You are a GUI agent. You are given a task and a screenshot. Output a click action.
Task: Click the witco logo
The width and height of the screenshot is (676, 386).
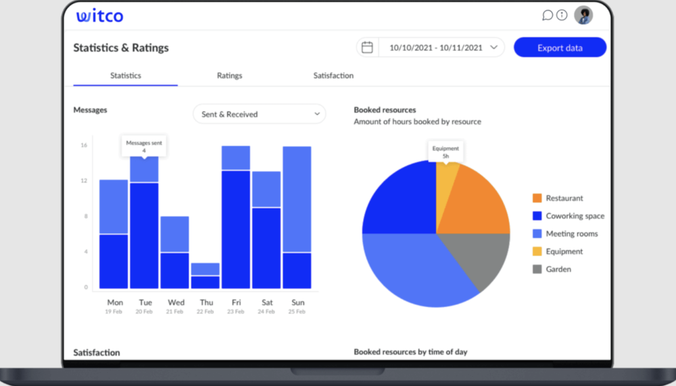point(99,16)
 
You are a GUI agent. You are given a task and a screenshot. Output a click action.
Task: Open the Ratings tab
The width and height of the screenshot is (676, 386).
point(229,76)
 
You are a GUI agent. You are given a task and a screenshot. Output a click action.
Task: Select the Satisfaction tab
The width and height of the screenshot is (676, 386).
point(333,76)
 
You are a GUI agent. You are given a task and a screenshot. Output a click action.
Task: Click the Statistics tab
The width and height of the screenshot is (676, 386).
point(126,76)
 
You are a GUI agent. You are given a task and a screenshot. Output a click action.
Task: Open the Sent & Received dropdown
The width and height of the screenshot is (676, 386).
point(259,114)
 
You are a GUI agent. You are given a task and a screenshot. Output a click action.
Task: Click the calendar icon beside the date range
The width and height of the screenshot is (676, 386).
point(367,47)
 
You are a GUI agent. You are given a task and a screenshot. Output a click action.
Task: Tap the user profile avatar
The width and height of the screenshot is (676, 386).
point(583,15)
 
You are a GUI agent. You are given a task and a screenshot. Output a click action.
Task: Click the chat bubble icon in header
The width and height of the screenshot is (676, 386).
point(548,15)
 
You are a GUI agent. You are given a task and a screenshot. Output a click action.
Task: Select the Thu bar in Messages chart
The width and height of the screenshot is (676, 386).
point(205,276)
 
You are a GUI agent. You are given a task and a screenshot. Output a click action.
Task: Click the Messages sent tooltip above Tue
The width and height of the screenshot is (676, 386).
point(144,146)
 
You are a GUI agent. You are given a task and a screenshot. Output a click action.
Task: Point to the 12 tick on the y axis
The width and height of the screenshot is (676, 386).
point(84,180)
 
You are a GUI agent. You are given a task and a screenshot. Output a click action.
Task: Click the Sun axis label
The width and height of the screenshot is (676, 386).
point(297,302)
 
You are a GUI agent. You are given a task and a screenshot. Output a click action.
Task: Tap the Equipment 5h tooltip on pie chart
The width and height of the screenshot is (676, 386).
point(445,151)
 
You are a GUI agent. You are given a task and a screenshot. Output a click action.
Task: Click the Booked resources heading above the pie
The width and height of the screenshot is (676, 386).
point(385,110)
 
